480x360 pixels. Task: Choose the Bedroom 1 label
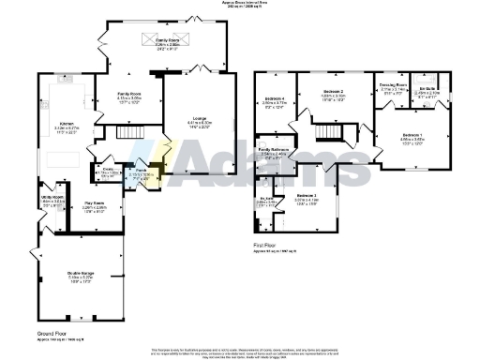412,135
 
